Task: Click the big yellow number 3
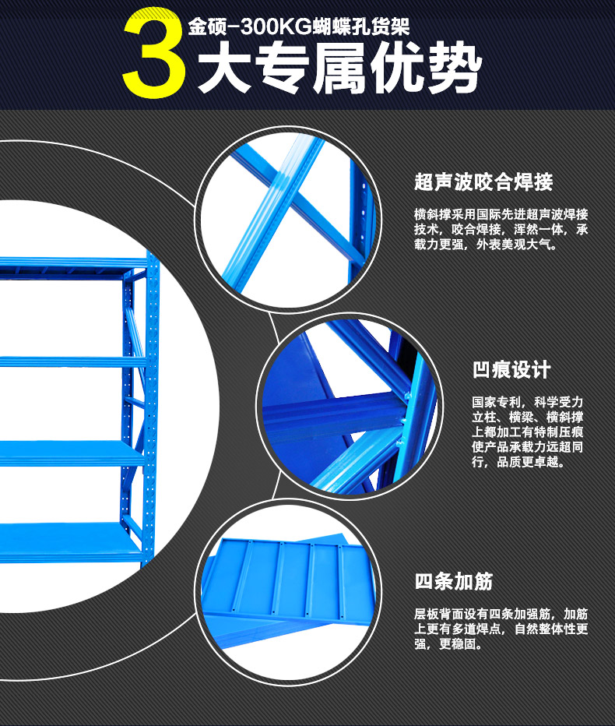pyautogui.click(x=153, y=53)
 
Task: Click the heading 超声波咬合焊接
pyautogui.click(x=483, y=182)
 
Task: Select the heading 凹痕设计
pyautogui.click(x=511, y=370)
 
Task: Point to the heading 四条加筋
pyautogui.click(x=454, y=582)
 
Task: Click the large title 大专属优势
pyautogui.click(x=339, y=68)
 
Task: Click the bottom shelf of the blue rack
pyautogui.click(x=69, y=541)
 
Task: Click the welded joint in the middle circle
pyautogui.click(x=402, y=410)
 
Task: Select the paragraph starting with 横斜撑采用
pyautogui.click(x=501, y=229)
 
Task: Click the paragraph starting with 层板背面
pyautogui.click(x=501, y=629)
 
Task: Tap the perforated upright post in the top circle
pyautogui.click(x=360, y=217)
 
